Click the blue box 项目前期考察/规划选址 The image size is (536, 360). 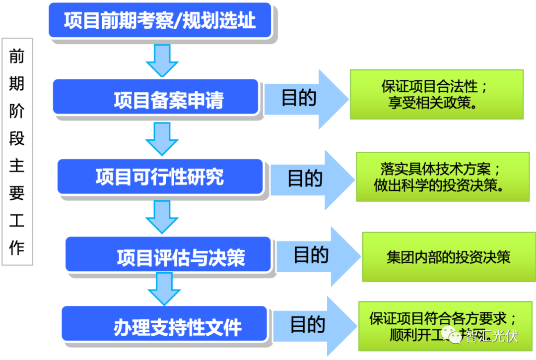(x=160, y=21)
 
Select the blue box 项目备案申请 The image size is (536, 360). (x=155, y=97)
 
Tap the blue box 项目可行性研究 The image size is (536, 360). (x=159, y=177)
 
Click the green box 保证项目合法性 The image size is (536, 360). (x=436, y=94)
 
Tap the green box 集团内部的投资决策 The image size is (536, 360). (x=448, y=257)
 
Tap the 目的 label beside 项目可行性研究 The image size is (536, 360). (x=305, y=178)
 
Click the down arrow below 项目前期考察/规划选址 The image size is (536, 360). (x=162, y=60)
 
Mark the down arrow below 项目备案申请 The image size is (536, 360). (x=162, y=138)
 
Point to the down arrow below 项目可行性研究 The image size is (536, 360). (x=162, y=217)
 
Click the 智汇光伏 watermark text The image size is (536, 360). (x=491, y=337)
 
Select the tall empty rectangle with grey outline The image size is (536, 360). (x=17, y=151)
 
